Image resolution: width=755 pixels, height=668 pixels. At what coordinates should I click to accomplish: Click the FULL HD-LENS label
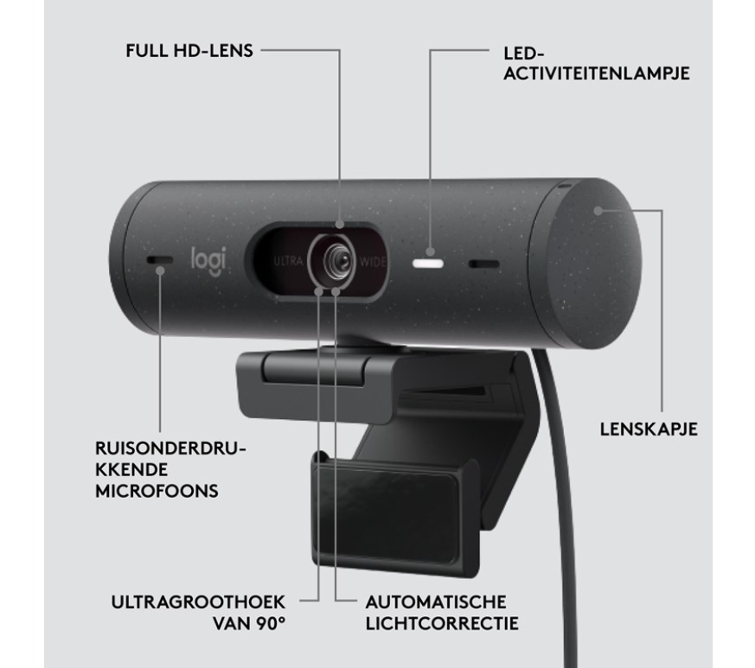tap(189, 51)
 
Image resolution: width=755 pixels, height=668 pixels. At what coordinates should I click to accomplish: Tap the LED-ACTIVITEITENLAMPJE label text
tap(596, 63)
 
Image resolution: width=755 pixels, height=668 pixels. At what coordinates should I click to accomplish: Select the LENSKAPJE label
tap(649, 429)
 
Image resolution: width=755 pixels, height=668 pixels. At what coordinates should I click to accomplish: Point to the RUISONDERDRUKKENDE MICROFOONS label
tap(170, 469)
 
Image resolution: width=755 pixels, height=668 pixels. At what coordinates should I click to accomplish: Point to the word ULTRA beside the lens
tap(289, 260)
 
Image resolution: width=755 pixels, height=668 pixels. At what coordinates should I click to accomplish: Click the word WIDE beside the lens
tap(374, 260)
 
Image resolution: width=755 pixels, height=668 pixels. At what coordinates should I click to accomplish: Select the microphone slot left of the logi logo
tap(158, 260)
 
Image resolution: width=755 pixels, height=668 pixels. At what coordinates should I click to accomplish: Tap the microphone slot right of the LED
tap(484, 264)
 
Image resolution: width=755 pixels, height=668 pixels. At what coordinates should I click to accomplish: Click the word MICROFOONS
tap(157, 491)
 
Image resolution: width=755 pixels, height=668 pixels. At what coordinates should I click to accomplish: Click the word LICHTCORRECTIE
tap(442, 622)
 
